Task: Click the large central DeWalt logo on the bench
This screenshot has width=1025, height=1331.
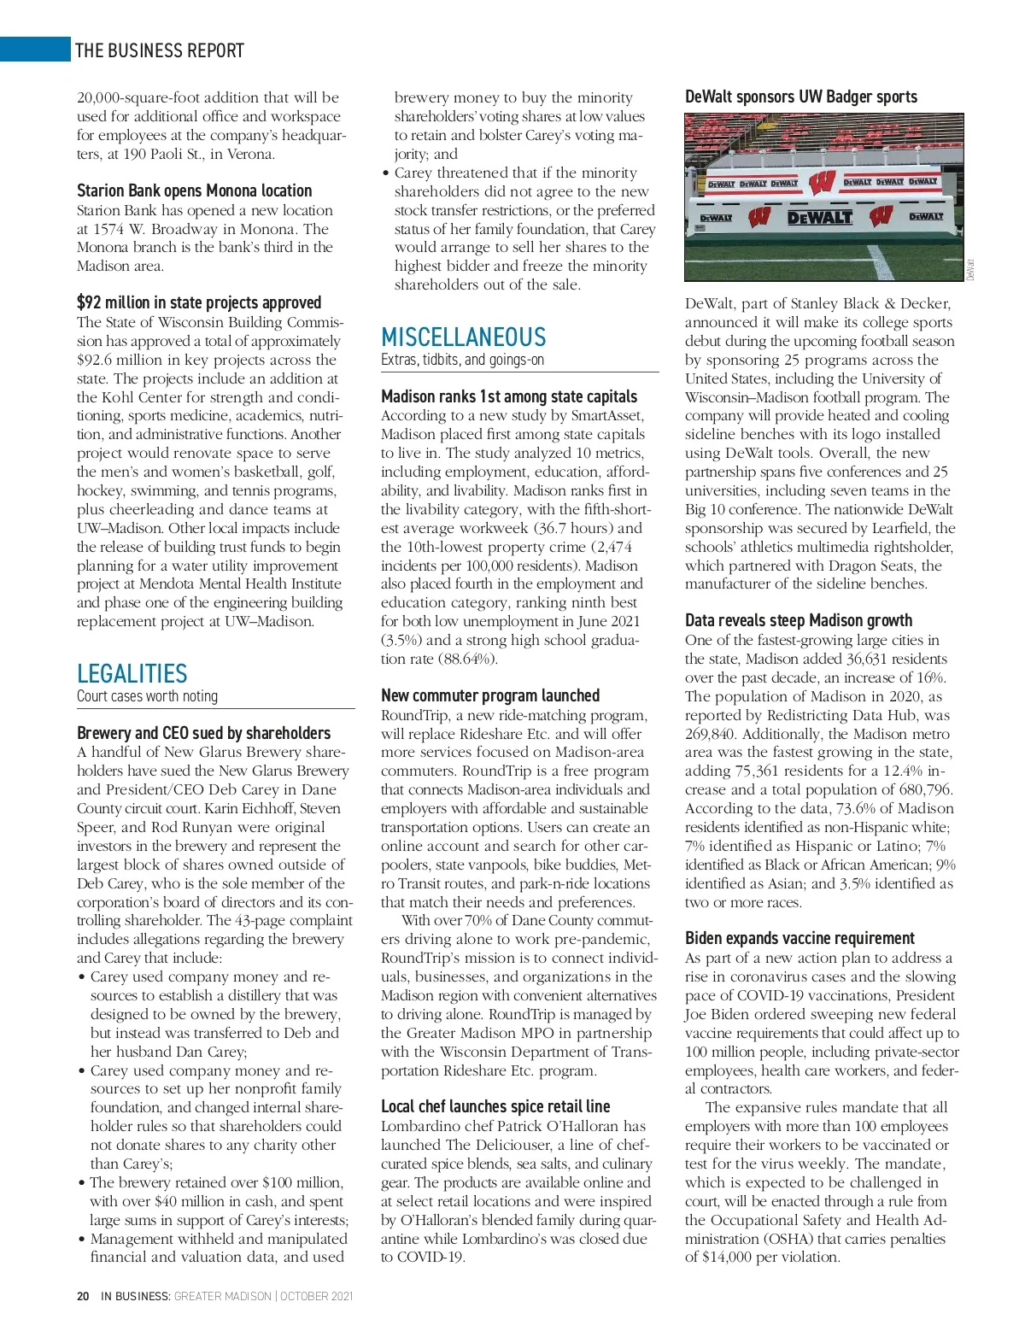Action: (x=819, y=217)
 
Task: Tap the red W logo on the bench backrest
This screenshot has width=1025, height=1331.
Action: (x=822, y=183)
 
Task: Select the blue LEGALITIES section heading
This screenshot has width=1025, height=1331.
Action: (x=132, y=673)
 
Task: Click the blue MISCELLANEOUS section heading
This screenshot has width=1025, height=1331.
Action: (x=463, y=337)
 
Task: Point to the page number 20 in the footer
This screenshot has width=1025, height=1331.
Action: (x=83, y=1296)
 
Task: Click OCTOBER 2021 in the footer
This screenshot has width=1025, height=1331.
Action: (x=317, y=1296)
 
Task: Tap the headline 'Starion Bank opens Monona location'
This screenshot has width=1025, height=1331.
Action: (x=194, y=191)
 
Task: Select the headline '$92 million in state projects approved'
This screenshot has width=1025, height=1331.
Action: (x=199, y=302)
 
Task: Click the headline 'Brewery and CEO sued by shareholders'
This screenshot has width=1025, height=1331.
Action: (x=203, y=733)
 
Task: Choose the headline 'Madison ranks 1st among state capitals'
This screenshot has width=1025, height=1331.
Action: (x=508, y=396)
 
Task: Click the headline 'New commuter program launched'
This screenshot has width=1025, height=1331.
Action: (x=490, y=695)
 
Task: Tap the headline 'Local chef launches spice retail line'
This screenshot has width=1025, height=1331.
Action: (x=495, y=1106)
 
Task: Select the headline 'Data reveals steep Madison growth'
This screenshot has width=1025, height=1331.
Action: (x=798, y=620)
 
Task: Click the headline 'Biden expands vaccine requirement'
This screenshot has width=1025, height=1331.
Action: (x=799, y=938)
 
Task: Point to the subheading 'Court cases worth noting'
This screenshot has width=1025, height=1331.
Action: (x=147, y=696)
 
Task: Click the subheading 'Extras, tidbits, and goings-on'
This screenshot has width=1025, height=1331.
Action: (x=462, y=360)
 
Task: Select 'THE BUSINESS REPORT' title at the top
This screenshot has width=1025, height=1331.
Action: (x=159, y=50)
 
